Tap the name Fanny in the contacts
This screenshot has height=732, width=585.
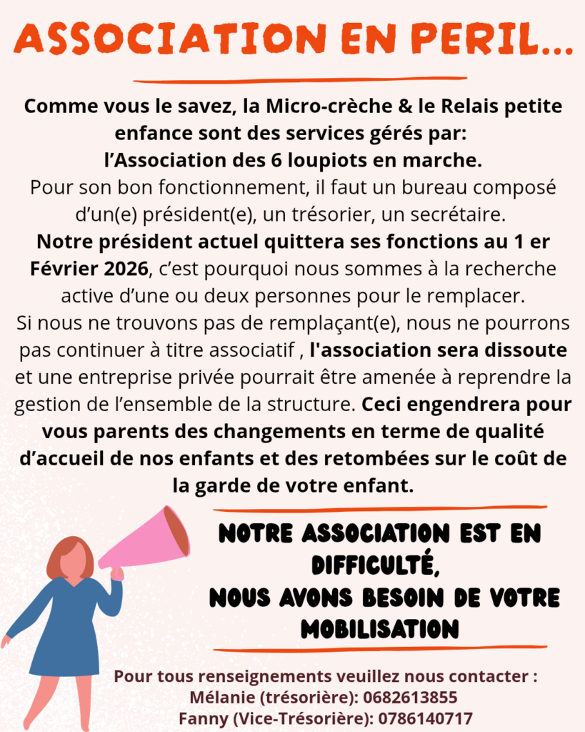202,718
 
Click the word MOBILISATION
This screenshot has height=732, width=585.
379,629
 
